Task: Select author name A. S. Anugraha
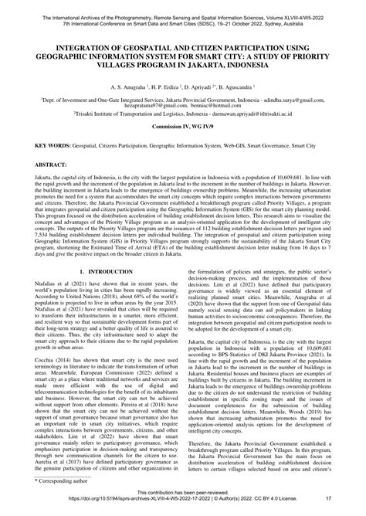(x=115, y=87)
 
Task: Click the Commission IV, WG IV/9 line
(x=182, y=147)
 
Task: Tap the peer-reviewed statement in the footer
(x=182, y=502)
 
